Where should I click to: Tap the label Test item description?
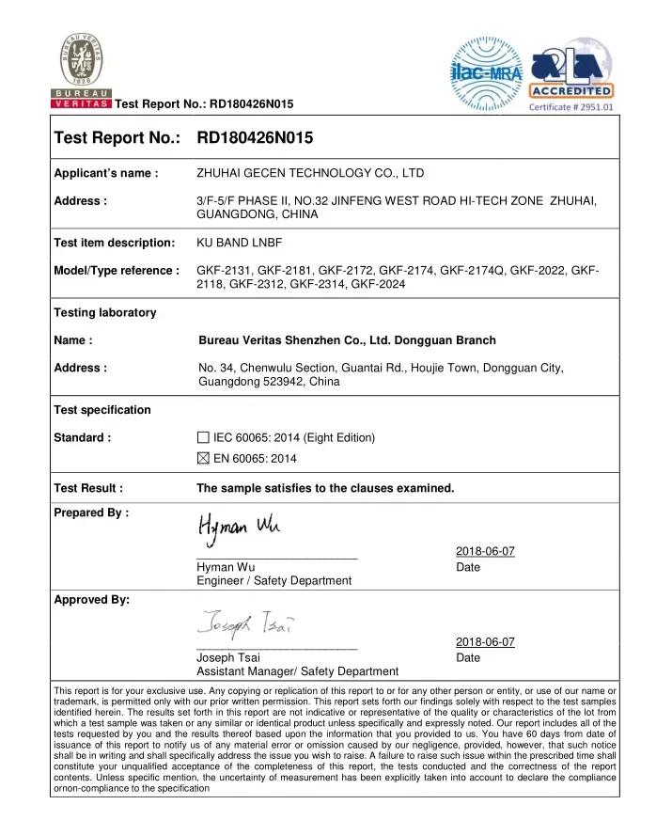pos(115,243)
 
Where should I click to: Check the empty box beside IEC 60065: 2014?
pos(204,437)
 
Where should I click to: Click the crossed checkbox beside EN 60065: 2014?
pos(204,458)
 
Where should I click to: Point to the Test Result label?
pos(89,488)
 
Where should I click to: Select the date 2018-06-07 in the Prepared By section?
pos(484,552)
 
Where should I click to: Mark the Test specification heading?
pos(102,410)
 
